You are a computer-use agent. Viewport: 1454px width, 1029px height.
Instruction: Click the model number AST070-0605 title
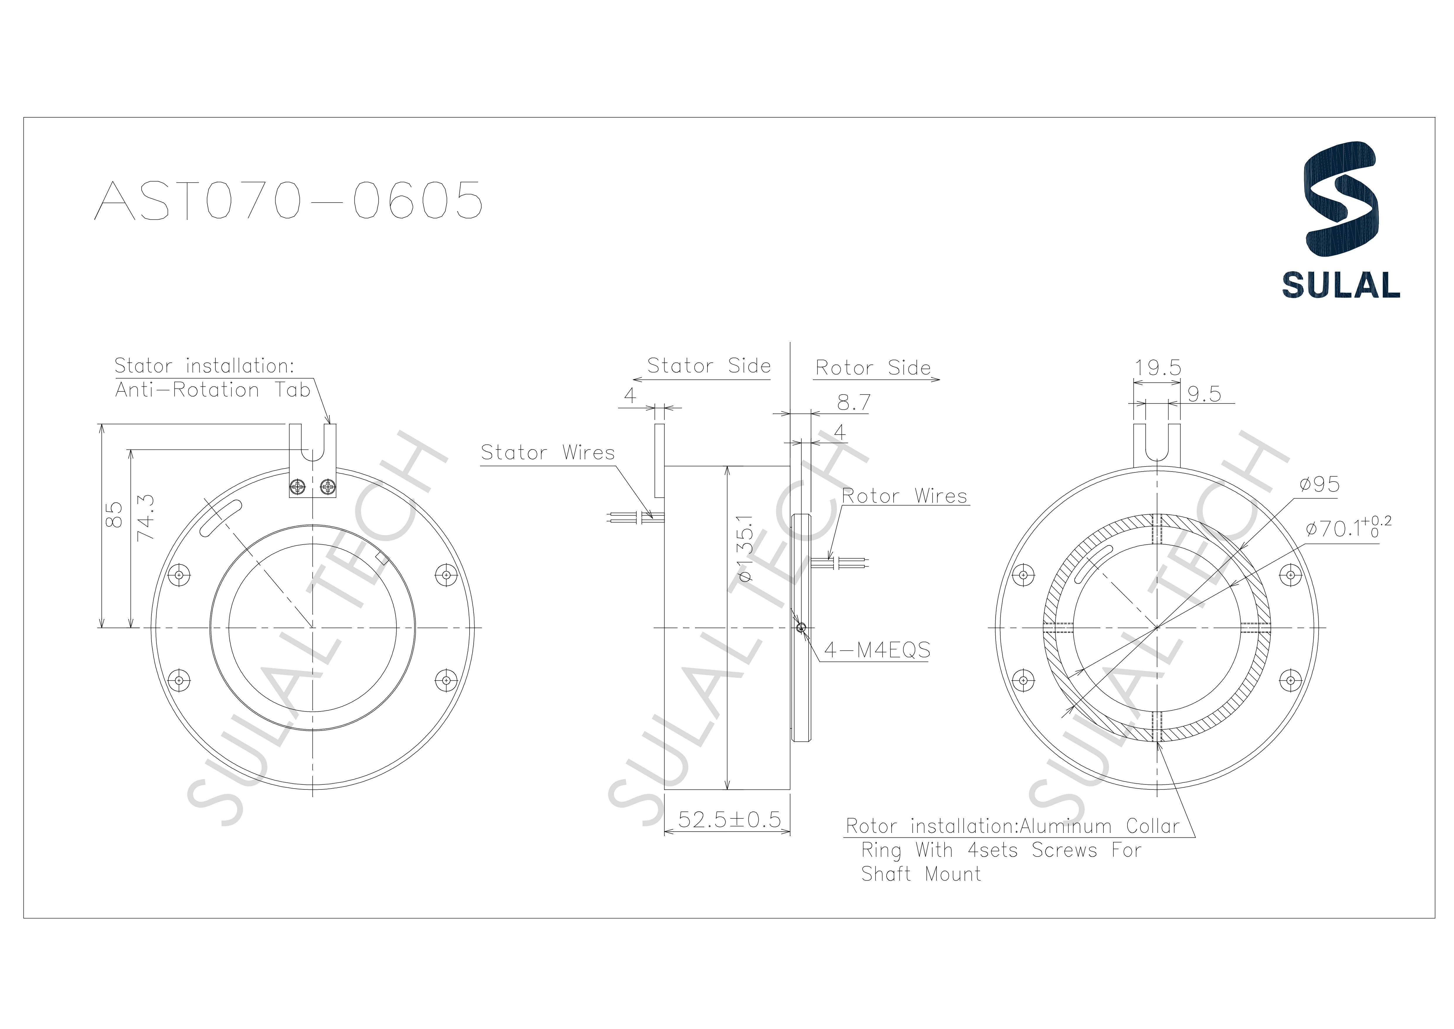click(288, 200)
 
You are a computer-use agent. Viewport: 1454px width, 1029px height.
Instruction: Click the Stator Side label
click(709, 366)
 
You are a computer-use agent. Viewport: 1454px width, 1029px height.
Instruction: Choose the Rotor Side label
click(873, 368)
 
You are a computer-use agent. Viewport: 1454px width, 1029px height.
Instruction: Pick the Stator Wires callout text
click(548, 452)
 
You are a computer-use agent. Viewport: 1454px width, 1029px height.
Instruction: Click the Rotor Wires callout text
click(904, 496)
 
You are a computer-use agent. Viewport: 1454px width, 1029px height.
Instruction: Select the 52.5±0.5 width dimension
click(729, 820)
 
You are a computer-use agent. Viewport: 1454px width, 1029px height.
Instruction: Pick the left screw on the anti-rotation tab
click(298, 487)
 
